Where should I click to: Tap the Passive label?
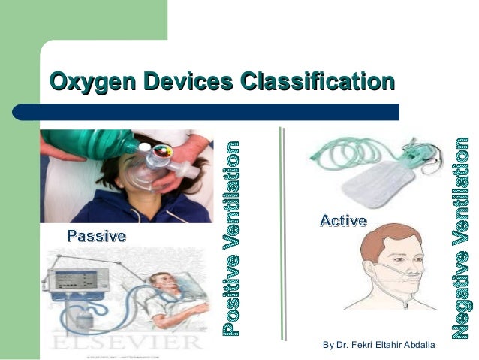pyautogui.click(x=97, y=236)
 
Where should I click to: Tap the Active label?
pyautogui.click(x=343, y=220)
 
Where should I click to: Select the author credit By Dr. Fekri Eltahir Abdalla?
pyautogui.click(x=378, y=345)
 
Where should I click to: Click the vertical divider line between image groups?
pyautogui.click(x=283, y=233)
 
